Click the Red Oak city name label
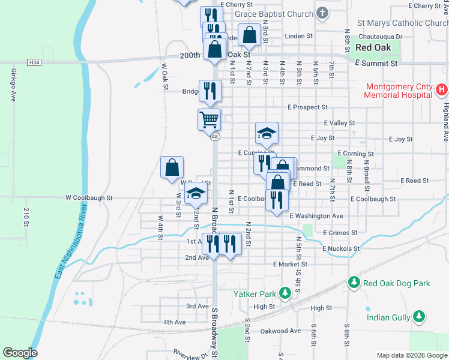tap(373, 47)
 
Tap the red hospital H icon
tap(441, 91)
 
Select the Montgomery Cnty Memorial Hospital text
tap(397, 90)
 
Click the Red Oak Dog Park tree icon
tap(354, 283)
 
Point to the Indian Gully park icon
tap(419, 316)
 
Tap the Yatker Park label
tap(255, 294)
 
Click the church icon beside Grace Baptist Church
tap(323, 14)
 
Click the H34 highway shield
tap(35, 62)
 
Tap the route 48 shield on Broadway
tap(215, 137)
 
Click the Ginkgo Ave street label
tap(13, 85)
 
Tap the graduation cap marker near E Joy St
tap(267, 133)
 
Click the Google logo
tap(20, 353)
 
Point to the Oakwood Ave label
tap(280, 331)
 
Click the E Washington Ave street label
tap(316, 216)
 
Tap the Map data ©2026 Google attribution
tap(411, 355)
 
